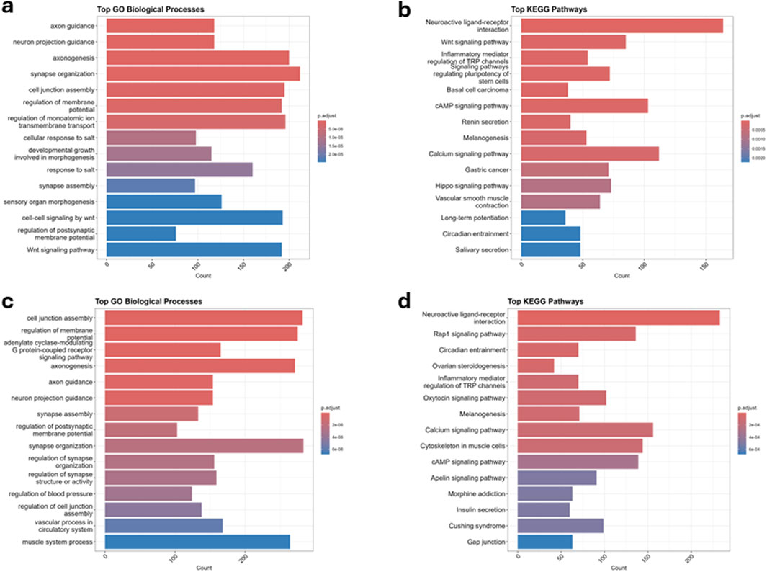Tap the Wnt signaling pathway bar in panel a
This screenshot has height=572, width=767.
click(194, 250)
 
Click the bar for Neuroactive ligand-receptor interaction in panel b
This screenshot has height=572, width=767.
click(622, 26)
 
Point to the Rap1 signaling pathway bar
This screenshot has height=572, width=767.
click(577, 334)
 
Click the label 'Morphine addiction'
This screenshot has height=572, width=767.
click(478, 493)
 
